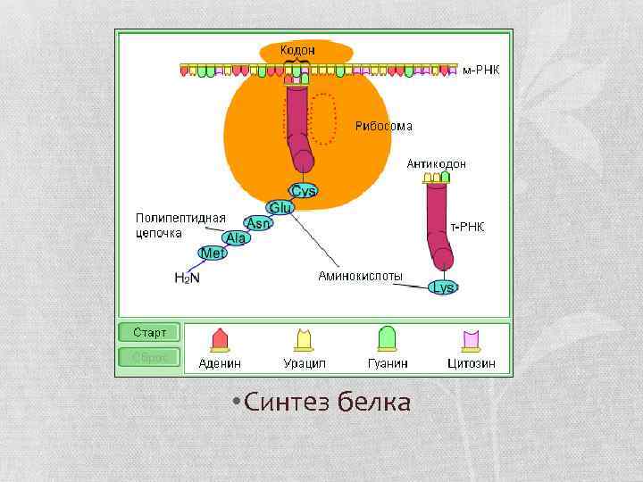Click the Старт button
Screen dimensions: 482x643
point(150,332)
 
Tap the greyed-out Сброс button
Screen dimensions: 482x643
point(150,357)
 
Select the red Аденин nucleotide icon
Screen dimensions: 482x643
point(220,339)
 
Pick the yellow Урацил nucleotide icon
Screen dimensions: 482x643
point(304,339)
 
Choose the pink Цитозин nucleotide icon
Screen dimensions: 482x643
point(471,339)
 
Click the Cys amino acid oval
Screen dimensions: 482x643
point(304,191)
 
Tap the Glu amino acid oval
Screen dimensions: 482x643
point(281,207)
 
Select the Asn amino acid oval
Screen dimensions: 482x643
point(259,223)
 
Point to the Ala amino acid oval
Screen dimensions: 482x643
point(236,238)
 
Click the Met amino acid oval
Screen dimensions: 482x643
point(213,253)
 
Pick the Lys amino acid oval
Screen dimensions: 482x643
point(443,287)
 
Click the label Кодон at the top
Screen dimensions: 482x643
point(297,50)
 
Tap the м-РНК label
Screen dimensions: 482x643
point(480,69)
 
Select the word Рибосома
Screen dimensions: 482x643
point(384,126)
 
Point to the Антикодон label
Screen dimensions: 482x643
point(436,164)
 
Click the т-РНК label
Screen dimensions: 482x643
point(467,227)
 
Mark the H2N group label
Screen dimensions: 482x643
point(187,278)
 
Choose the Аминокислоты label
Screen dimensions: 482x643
point(360,276)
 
